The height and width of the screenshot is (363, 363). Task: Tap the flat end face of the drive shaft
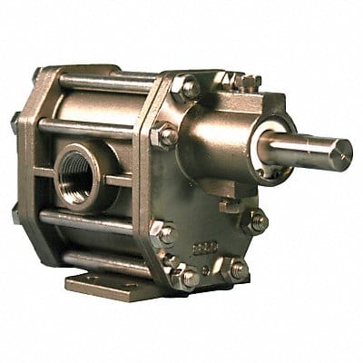(x=344, y=153)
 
